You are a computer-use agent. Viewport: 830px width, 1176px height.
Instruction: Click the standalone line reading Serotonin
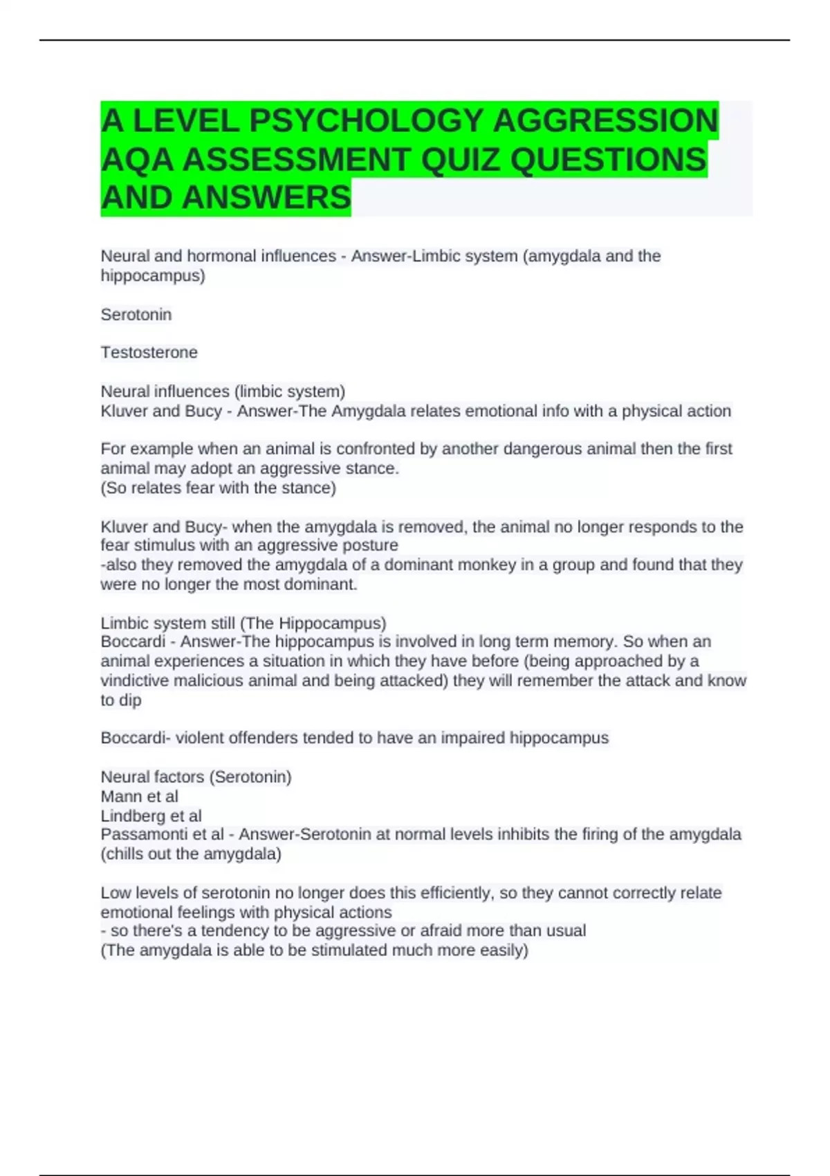pos(136,315)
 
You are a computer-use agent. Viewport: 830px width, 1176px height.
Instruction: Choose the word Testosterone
pos(149,352)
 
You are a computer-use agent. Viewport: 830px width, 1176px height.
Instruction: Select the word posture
pos(373,545)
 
